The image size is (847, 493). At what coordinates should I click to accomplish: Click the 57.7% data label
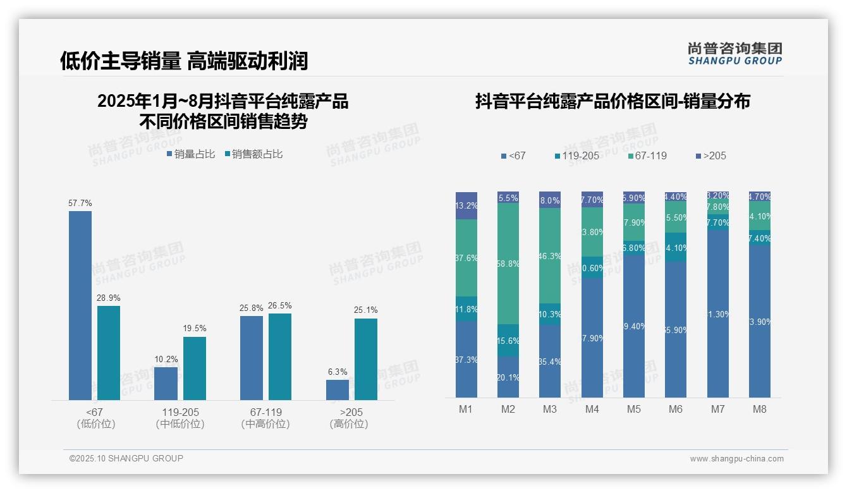(x=80, y=203)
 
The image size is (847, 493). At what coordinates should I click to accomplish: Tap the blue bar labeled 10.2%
(x=166, y=383)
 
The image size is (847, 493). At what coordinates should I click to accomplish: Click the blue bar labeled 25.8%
(x=252, y=358)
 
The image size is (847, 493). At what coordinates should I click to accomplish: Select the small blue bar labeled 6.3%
(x=338, y=389)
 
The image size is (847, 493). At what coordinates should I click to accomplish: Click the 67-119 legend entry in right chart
(x=647, y=155)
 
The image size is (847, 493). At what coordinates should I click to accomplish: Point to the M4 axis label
(x=592, y=409)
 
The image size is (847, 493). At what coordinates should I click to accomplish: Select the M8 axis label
(x=759, y=409)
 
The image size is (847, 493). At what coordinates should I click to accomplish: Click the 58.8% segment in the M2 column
(x=508, y=264)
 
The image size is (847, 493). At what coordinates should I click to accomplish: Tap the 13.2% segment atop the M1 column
(x=466, y=205)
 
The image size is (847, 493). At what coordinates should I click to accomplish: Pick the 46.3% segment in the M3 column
(x=550, y=256)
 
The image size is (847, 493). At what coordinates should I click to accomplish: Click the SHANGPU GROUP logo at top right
(x=734, y=54)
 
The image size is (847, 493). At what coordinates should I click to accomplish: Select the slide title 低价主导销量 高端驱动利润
(x=183, y=61)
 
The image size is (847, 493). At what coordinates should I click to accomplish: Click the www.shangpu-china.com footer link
(x=736, y=459)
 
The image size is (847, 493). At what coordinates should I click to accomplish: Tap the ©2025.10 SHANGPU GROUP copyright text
(x=126, y=459)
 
